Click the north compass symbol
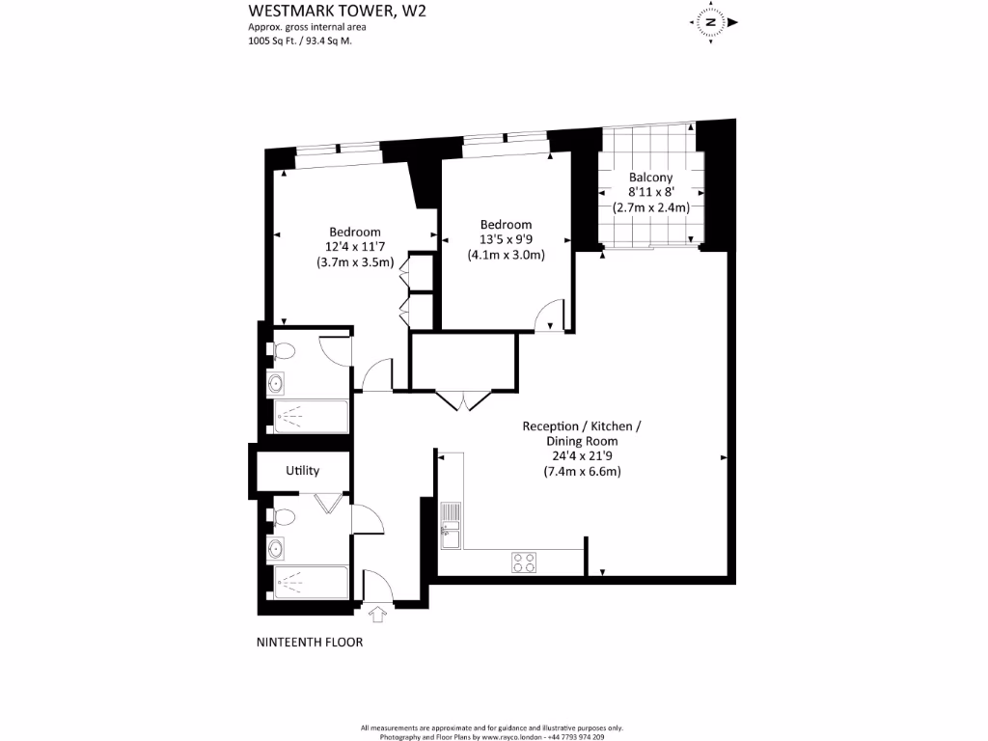pos(710,21)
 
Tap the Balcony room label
pos(650,178)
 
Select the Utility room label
pos(302,471)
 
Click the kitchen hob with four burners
pos(524,563)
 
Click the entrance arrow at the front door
pos(376,612)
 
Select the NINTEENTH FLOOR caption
pos(310,642)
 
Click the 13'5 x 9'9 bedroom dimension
pos(506,240)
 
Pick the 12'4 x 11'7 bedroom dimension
pos(355,247)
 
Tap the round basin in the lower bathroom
pos(276,549)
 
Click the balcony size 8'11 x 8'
pos(650,192)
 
